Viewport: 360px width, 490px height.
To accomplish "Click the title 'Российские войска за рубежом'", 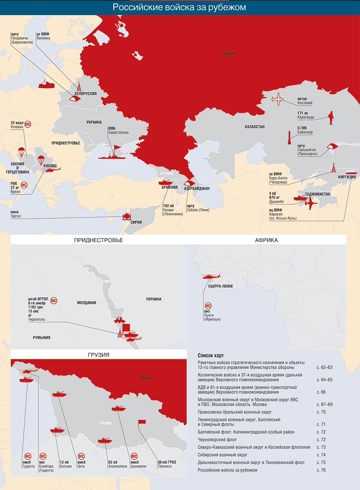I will [x=180, y=7].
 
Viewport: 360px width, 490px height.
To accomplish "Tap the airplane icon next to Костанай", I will [x=278, y=99].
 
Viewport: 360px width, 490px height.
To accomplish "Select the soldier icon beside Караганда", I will [x=331, y=118].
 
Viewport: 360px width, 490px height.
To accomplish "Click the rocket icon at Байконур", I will [x=289, y=137].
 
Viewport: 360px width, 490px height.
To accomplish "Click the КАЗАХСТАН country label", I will [x=255, y=127].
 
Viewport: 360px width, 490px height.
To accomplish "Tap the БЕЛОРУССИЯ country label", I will [x=85, y=93].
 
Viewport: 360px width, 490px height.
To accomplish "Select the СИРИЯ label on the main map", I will [x=136, y=222].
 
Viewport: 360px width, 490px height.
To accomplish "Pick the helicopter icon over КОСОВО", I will [x=52, y=170].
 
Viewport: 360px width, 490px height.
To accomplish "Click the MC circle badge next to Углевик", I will [x=27, y=124].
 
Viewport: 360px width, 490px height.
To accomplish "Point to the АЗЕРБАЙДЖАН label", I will [x=197, y=188].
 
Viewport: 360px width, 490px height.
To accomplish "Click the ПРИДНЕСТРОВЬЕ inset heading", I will [x=99, y=240].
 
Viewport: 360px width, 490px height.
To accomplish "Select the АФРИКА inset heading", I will [x=266, y=240].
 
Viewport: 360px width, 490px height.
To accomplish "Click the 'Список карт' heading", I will [x=211, y=355].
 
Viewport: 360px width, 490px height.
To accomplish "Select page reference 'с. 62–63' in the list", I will [x=324, y=367].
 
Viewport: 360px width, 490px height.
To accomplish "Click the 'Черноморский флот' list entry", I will [x=217, y=439].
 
